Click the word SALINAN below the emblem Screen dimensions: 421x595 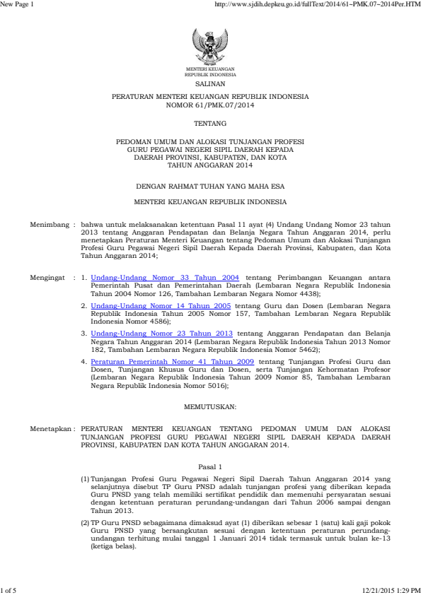[x=210, y=83]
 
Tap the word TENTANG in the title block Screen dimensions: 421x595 [x=210, y=123]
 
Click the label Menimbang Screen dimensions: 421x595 [x=50, y=224]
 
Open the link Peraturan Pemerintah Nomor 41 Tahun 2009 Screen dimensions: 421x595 [x=172, y=360]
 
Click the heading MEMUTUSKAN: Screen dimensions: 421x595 [x=210, y=408]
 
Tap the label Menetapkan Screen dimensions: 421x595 [x=51, y=428]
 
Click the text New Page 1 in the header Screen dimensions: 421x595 [x=16, y=6]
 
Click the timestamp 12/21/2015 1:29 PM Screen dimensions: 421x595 [x=390, y=589]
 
